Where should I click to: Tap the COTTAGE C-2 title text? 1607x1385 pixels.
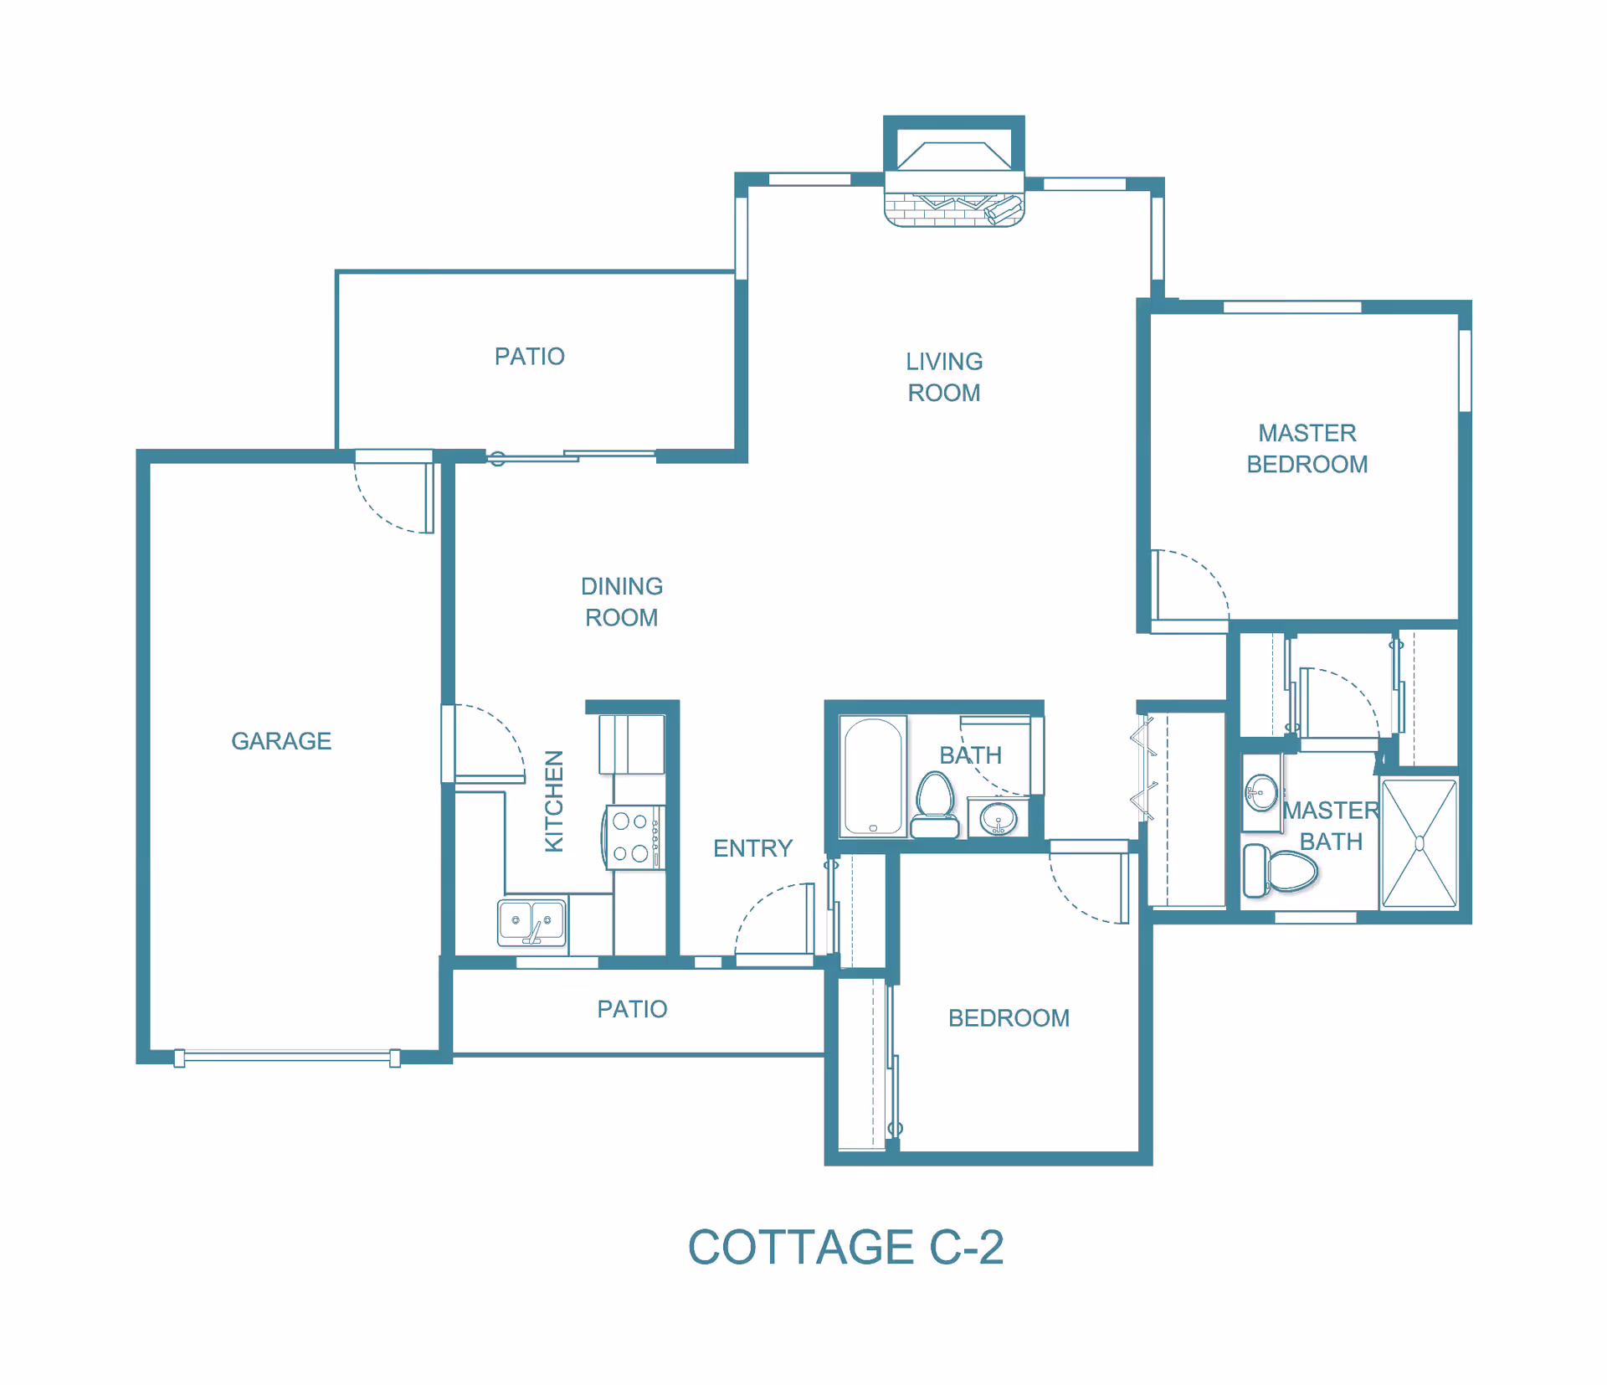coord(845,1247)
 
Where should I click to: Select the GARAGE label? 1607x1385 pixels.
coord(281,741)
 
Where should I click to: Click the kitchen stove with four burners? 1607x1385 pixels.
coord(634,837)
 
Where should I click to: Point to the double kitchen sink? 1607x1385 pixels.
coord(531,921)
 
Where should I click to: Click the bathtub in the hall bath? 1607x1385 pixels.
coord(873,776)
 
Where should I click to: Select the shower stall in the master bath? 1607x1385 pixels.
coord(1419,843)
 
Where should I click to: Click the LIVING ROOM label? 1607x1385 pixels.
coord(944,377)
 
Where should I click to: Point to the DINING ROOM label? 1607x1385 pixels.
coord(622,601)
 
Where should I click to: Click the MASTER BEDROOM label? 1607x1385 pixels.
coord(1307,448)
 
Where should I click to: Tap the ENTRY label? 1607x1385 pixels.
coord(752,848)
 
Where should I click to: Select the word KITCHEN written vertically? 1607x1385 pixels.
coord(554,801)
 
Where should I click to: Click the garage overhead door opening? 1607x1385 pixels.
coord(287,1057)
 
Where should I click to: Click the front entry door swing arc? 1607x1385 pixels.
coord(770,917)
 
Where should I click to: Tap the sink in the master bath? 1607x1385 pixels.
coord(1260,791)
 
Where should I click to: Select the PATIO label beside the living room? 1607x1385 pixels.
coord(529,357)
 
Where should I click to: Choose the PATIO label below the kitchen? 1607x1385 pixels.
coord(632,1009)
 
